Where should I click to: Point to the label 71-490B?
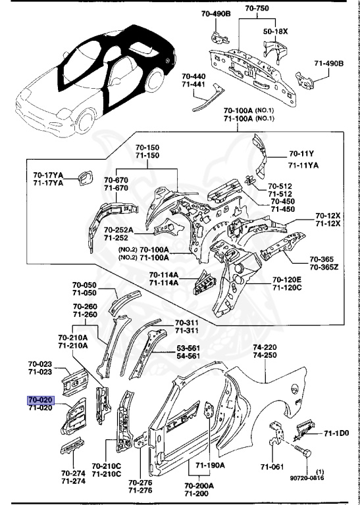(x=328, y=63)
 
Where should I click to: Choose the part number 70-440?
(x=194, y=77)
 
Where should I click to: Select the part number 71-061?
(x=272, y=466)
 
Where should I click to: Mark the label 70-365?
(x=322, y=259)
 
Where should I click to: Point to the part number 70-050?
(x=84, y=285)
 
